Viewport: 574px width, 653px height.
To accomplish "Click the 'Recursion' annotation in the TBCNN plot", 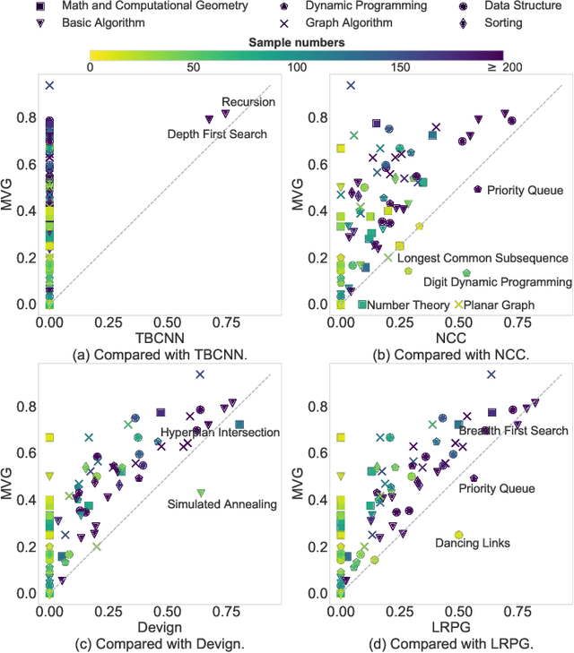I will (248, 102).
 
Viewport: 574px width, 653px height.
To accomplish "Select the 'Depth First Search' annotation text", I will (218, 133).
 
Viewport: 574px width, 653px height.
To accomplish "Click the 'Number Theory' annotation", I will (408, 305).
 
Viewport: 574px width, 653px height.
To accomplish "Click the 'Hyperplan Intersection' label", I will (221, 433).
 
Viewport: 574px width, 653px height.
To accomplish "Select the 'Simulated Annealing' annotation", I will (222, 503).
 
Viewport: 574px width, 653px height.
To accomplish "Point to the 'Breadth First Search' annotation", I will (513, 431).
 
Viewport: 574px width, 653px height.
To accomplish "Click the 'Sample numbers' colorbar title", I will (296, 42).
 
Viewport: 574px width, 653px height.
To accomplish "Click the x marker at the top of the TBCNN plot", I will (50, 85).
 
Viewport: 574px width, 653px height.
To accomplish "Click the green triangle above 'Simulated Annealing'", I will (201, 492).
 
